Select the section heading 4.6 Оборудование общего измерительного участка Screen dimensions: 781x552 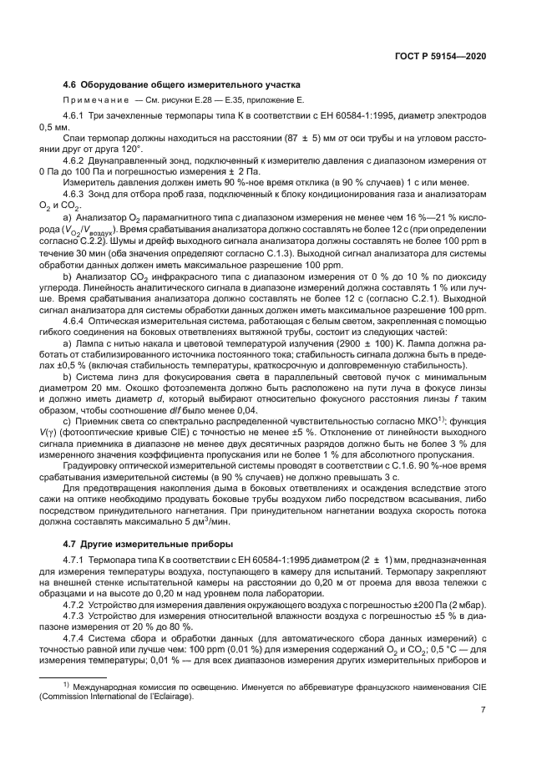coord(182,84)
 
